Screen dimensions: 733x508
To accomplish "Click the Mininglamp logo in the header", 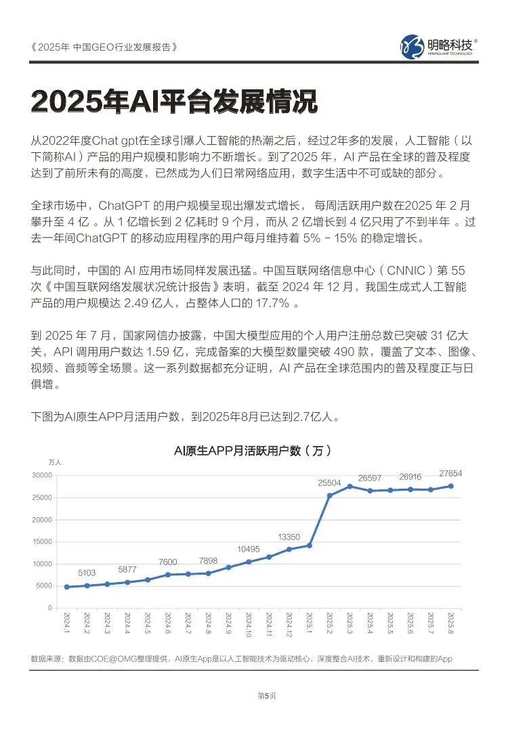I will tap(440, 46).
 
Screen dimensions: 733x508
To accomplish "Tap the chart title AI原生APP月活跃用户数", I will tap(253, 450).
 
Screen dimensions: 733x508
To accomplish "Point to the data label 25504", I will tap(329, 483).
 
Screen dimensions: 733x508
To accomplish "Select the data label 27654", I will tap(450, 473).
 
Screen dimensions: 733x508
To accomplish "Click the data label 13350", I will tap(289, 537).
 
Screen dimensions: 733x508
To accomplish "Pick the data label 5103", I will tap(87, 573).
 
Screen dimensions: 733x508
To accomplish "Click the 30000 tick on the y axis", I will tap(42, 475).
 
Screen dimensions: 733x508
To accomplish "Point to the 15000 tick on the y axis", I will tap(42, 541).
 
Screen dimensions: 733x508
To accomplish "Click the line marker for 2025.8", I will tap(450, 486).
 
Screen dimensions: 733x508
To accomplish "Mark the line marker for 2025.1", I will tap(309, 545).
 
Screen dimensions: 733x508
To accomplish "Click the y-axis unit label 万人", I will tap(55, 462).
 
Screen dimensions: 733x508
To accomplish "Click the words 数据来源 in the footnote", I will tap(46, 659).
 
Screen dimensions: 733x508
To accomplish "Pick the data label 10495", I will tap(249, 549).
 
